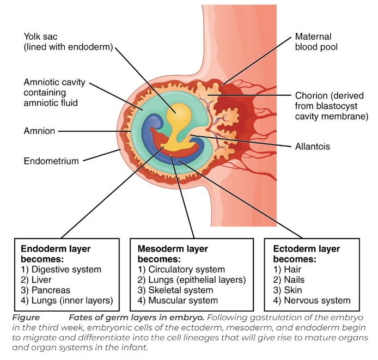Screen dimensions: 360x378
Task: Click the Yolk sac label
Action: tap(68, 42)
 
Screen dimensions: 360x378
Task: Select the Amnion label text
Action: tap(40, 131)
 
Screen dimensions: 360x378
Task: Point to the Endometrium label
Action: tap(52, 161)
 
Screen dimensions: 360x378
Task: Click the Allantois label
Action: tap(312, 147)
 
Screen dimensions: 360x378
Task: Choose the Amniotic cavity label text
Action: tap(54, 91)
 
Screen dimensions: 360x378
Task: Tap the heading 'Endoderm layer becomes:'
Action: tap(56, 254)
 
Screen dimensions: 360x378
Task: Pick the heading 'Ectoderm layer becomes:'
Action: tap(306, 254)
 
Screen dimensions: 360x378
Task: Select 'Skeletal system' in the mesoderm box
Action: tap(175, 290)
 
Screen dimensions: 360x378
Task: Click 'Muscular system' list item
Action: tap(178, 301)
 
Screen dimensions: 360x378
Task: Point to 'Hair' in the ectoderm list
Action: tap(287, 270)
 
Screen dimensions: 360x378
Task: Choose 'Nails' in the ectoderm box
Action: tap(289, 280)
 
